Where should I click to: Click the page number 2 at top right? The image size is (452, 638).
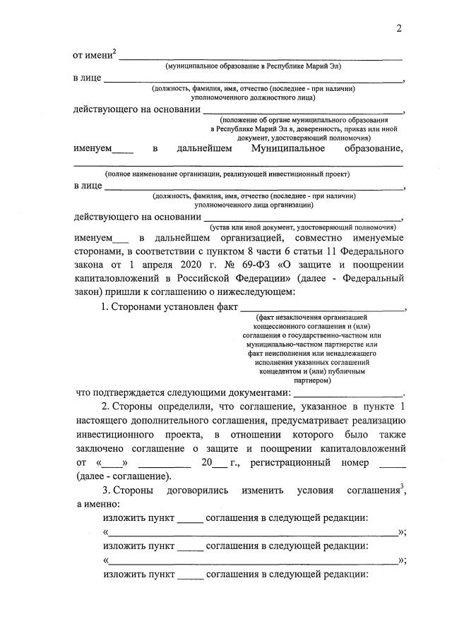pos(399,28)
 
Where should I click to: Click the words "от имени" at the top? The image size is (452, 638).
pos(92,55)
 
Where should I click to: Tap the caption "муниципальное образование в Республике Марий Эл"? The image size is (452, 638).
pos(244,66)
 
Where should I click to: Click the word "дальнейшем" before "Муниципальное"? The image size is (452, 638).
pos(205,148)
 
